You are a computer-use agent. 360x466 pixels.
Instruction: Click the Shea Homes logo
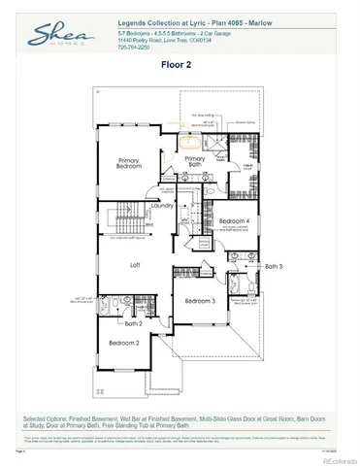coord(58,38)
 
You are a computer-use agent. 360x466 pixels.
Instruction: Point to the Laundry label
coord(162,206)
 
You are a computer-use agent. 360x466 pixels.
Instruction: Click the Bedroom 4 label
coord(235,222)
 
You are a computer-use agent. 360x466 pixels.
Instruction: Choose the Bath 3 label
coord(273,266)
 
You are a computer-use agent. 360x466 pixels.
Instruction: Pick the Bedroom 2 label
coord(124,344)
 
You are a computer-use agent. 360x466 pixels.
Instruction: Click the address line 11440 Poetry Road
coord(156,40)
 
